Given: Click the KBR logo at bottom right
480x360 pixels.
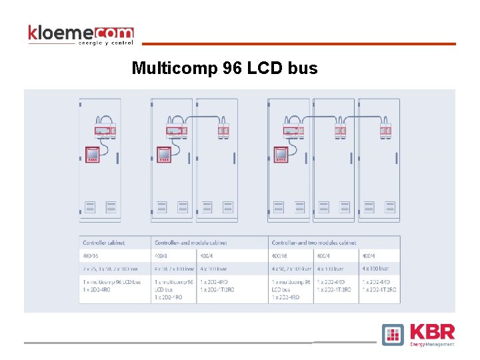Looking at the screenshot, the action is click(419, 334).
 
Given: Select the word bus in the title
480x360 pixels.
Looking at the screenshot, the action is click(303, 68).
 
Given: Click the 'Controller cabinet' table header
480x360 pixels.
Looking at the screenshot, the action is click(103, 243).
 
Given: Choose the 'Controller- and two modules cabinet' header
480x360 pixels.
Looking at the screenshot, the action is click(314, 243).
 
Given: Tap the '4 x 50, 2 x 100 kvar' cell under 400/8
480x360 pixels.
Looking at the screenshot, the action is click(174, 269).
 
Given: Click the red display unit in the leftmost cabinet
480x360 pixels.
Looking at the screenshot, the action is click(93, 155).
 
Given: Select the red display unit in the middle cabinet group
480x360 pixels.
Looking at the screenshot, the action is click(163, 155).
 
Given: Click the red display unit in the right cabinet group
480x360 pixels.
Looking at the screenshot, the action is click(281, 155).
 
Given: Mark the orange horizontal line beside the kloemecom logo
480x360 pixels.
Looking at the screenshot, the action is click(299, 44).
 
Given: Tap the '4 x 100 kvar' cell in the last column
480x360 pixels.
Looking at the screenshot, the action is click(377, 269).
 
